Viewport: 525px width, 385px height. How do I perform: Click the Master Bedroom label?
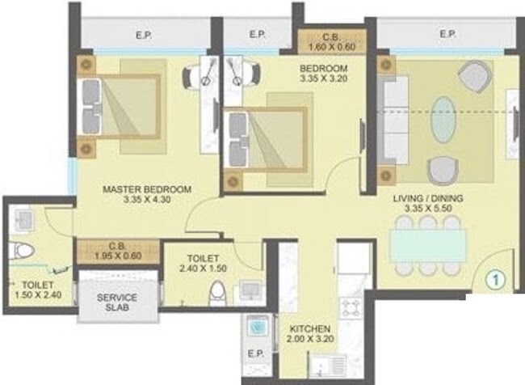point(147,189)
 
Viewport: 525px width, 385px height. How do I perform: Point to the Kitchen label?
point(310,329)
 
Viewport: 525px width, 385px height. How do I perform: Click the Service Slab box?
point(117,302)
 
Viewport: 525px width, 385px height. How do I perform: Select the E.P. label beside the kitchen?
point(257,355)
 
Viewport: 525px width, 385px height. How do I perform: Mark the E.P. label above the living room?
point(447,34)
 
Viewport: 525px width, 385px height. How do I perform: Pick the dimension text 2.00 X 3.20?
point(310,341)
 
